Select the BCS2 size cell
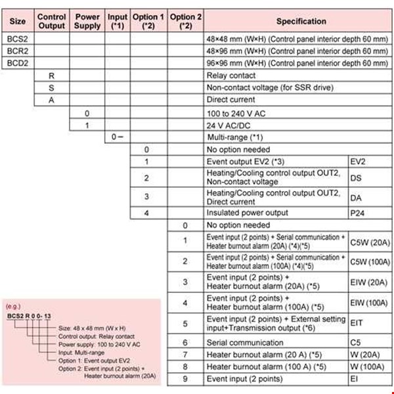coord(18,39)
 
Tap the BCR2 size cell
coord(18,51)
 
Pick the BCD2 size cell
coord(18,63)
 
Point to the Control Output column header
coord(51,21)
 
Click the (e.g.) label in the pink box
coord(12,307)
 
